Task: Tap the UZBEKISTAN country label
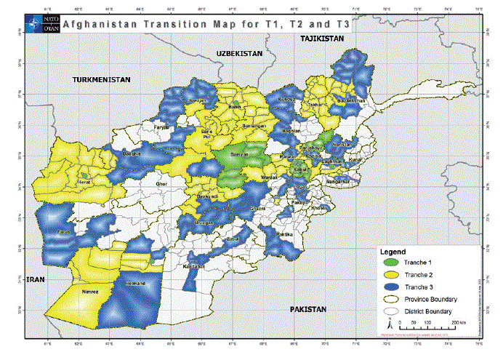(x=238, y=54)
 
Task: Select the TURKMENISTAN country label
(x=100, y=79)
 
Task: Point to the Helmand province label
(x=136, y=283)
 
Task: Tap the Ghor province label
(x=161, y=184)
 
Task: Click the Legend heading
(x=395, y=251)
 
